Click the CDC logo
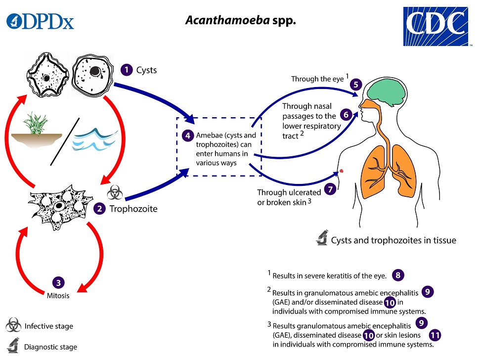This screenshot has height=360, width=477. pos(435,26)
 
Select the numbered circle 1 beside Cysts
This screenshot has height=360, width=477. pos(127,70)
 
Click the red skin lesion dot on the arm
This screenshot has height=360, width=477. pos(341,172)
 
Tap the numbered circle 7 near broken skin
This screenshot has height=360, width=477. pos(330,188)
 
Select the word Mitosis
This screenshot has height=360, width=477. pos(58,296)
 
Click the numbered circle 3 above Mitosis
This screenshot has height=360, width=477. pos(58,283)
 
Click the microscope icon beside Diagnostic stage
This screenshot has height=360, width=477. pos(14,346)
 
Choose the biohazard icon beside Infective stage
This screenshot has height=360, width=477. pos(14,326)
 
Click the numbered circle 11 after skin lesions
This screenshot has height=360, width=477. pos(434,335)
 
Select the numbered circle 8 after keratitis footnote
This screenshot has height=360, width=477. pos(398,275)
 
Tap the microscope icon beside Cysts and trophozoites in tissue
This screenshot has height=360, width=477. pos(321,240)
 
